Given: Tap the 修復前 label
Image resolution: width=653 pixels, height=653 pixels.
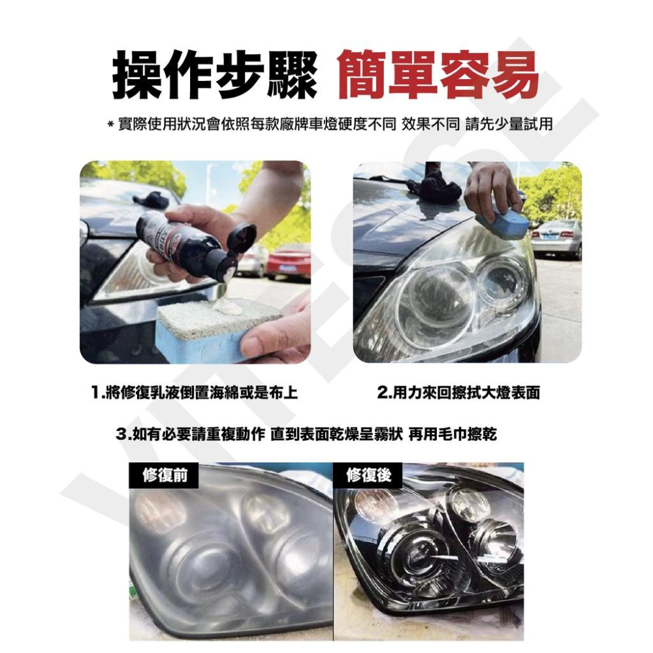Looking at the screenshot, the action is [165, 475].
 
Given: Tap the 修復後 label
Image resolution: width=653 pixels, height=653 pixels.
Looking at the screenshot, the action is [368, 475].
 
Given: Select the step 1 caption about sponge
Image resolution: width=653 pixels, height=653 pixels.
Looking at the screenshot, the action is [195, 392].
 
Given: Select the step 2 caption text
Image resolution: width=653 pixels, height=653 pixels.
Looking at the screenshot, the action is [458, 392].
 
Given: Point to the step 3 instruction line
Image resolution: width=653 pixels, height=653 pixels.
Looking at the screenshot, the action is [306, 435].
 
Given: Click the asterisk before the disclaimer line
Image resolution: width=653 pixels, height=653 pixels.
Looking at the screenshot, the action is [110, 125].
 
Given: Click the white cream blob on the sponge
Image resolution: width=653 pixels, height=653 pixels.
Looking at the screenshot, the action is [227, 307].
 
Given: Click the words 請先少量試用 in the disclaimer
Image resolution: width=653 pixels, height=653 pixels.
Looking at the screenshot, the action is [509, 123].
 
